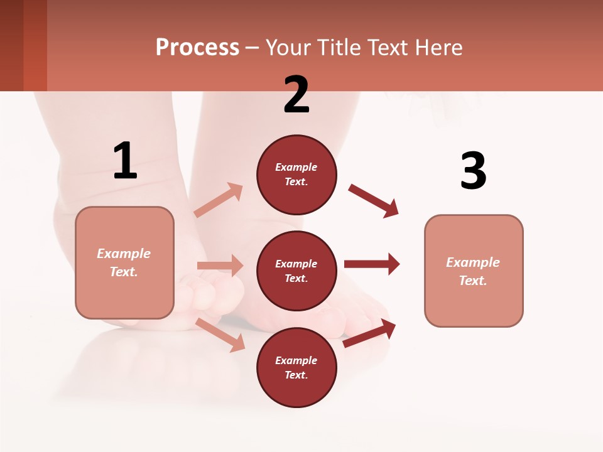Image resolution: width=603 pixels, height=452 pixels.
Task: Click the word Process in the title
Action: click(197, 48)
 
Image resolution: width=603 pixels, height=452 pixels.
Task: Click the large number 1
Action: click(125, 161)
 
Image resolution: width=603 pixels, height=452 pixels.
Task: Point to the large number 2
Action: click(296, 95)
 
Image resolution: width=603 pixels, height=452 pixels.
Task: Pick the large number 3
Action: click(473, 171)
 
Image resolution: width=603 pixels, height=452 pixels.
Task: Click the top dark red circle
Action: click(296, 175)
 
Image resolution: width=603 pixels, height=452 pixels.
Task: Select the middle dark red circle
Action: click(296, 271)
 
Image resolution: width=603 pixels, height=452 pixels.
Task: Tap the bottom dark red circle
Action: click(296, 367)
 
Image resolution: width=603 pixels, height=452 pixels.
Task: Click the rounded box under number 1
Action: click(124, 262)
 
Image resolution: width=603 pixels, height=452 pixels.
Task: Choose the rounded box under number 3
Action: click(474, 271)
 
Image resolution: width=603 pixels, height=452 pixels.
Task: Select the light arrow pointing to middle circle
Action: click(220, 266)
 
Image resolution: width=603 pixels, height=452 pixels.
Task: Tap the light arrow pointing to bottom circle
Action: click(220, 335)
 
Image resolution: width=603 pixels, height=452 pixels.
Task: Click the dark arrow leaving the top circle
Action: click(374, 201)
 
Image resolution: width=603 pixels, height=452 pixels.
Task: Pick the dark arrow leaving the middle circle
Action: click(372, 264)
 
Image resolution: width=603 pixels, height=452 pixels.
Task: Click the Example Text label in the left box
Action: click(124, 262)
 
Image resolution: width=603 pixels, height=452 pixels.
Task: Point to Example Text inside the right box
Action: click(473, 271)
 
